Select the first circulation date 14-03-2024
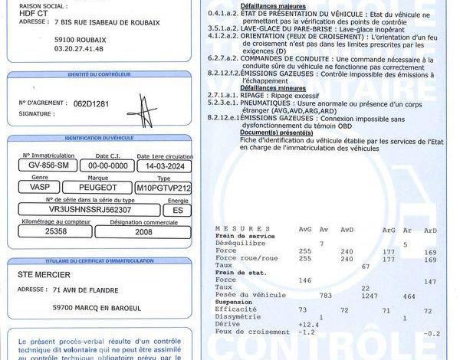165,165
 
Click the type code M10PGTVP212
164,187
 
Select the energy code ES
178,209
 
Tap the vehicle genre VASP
40,187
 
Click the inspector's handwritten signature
144,107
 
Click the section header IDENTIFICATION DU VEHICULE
100,137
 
